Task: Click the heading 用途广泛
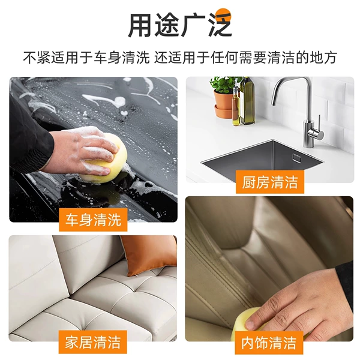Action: point(179,25)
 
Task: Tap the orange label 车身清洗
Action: point(93,220)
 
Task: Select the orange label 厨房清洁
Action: point(270,182)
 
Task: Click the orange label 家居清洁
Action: point(93,342)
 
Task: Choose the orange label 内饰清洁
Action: point(269,343)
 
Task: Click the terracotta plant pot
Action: point(223,103)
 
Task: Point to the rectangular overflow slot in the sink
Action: point(296,158)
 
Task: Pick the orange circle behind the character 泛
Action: point(224,16)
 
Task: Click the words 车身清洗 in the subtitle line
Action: point(122,58)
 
